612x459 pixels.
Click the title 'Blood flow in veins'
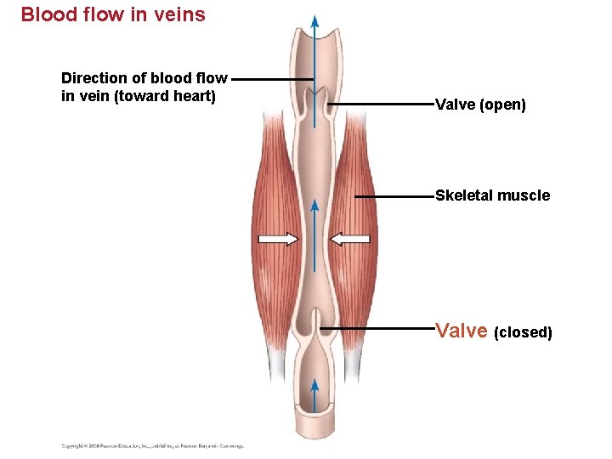point(113,14)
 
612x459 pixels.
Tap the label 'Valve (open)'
point(480,105)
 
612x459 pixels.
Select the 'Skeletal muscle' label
point(492,195)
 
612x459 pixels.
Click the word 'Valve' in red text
point(461,331)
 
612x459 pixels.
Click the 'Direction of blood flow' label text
point(144,78)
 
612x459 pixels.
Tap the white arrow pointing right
point(278,239)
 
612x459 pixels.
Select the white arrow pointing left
point(351,239)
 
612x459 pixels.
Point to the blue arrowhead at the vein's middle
point(314,207)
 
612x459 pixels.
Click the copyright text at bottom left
point(152,445)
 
